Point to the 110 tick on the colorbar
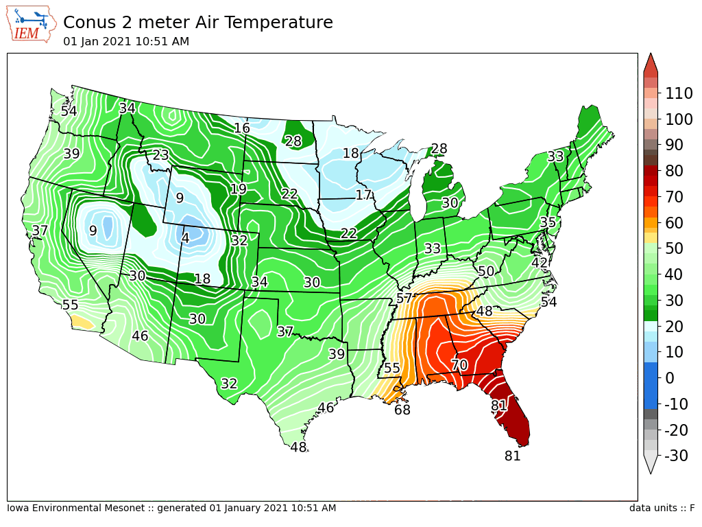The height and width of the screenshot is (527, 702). [x=679, y=93]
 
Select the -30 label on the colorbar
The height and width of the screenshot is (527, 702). [x=676, y=456]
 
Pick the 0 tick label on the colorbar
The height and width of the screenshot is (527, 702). [x=669, y=378]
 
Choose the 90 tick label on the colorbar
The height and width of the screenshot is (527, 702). [x=674, y=145]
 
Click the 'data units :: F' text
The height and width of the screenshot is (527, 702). [x=662, y=508]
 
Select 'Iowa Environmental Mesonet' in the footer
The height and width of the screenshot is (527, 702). [x=75, y=508]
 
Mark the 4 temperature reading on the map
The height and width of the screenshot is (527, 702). [x=185, y=237]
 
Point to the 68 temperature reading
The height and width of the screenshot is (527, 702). [x=402, y=410]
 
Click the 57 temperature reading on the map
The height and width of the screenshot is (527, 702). [x=404, y=298]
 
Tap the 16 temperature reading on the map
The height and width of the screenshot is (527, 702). [x=242, y=128]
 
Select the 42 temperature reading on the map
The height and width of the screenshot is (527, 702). [x=540, y=263]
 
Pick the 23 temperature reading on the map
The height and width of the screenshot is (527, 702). [x=160, y=155]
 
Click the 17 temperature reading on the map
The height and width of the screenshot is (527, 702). [x=363, y=195]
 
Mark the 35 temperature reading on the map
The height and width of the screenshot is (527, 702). [x=548, y=222]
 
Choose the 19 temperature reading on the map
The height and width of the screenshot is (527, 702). [x=239, y=189]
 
